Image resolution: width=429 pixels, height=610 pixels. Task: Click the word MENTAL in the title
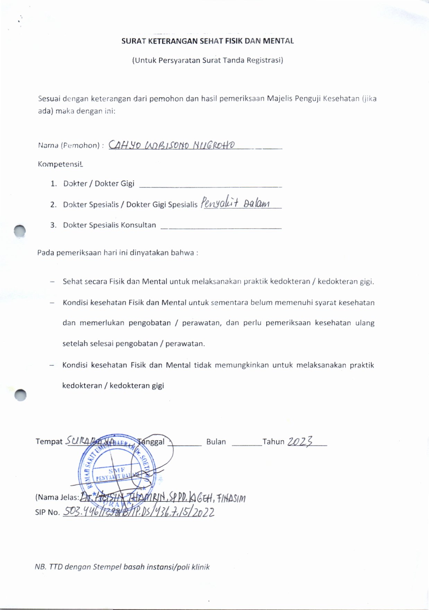278,41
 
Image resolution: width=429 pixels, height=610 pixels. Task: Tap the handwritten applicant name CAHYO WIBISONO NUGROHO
172,145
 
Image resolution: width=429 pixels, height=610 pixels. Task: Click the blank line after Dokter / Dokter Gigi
210,186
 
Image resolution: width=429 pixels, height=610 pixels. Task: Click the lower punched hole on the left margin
21,394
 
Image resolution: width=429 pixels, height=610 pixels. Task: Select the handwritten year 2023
300,441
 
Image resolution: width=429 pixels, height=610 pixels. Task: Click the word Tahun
273,442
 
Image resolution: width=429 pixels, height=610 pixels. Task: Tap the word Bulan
216,442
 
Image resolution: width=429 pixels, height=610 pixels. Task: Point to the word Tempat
49,442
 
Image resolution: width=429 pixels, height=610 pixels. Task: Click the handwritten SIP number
139,512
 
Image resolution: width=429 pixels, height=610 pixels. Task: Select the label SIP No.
47,512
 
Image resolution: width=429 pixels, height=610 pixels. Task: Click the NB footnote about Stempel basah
122,567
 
